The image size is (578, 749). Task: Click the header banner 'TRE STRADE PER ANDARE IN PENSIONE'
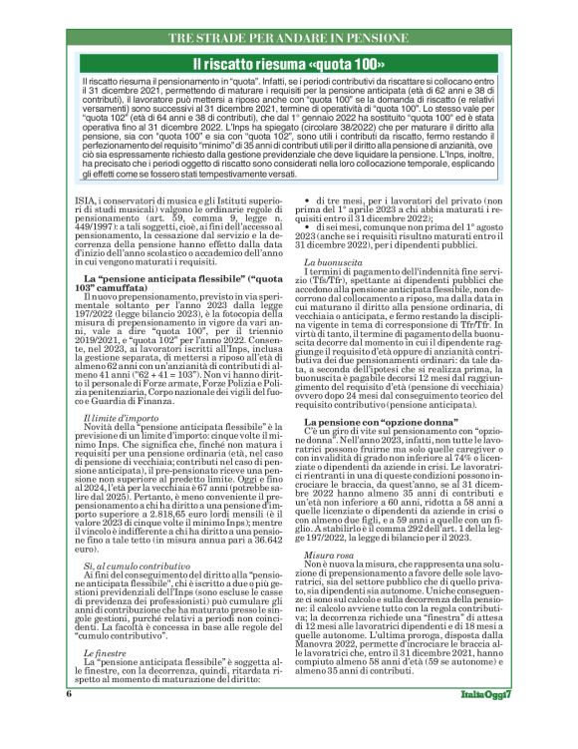[289, 37]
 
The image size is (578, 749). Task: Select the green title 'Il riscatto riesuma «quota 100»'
[289, 63]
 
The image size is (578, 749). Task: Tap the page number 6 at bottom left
[69, 721]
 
